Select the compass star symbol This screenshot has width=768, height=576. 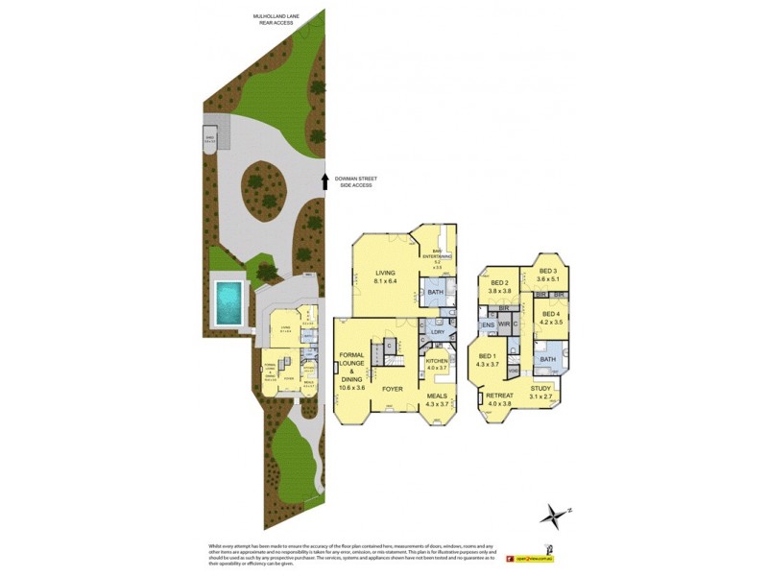point(553,516)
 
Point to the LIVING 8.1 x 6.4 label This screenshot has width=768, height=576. point(386,277)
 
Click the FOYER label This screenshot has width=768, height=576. point(392,389)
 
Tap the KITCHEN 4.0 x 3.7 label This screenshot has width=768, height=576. point(437,364)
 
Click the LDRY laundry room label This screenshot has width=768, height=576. point(437,332)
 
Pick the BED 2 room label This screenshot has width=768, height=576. point(500,286)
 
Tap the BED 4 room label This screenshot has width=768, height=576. point(550,319)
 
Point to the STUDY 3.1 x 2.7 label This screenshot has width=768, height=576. point(543,393)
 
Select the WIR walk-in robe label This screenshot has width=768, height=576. point(504,325)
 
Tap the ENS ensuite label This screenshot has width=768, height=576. point(488,325)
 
